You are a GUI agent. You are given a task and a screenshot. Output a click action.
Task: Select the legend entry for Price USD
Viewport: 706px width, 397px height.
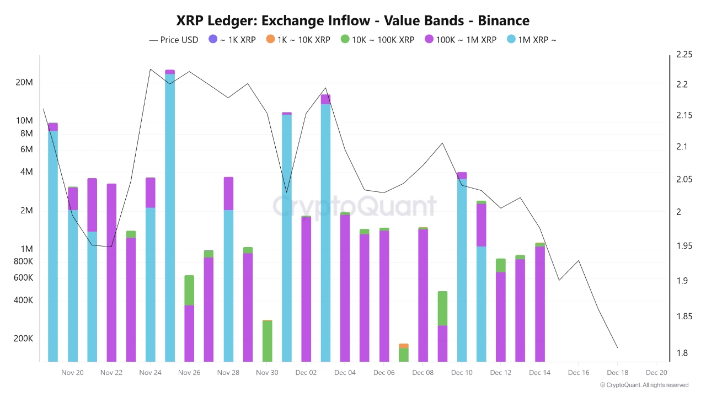click(x=174, y=40)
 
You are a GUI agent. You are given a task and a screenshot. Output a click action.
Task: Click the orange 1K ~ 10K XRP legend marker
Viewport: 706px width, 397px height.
click(x=270, y=40)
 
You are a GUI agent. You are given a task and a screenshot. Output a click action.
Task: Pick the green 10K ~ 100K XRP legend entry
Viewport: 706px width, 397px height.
click(x=378, y=40)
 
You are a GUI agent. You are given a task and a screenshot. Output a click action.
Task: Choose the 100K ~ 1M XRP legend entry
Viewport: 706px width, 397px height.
click(x=460, y=40)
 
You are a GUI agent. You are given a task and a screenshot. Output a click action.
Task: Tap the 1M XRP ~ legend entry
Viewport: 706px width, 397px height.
click(x=531, y=40)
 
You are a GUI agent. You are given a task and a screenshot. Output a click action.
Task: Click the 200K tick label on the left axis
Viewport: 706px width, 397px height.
click(x=23, y=339)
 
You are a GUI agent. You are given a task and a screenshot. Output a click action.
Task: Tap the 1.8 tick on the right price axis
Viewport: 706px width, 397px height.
click(x=682, y=353)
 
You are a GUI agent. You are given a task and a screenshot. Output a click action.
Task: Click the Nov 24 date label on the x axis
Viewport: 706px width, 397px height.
click(x=150, y=373)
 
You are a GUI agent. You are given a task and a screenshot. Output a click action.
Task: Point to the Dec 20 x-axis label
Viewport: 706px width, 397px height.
click(x=656, y=373)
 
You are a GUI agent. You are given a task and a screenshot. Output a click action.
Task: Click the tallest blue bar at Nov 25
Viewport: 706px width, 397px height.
click(x=170, y=215)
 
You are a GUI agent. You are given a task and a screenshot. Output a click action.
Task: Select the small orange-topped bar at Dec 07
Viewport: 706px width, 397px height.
click(x=404, y=352)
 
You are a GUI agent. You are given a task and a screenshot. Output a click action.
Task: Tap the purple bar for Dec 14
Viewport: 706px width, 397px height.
click(x=540, y=303)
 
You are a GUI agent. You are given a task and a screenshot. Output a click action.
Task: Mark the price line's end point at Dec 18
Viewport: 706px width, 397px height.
click(x=617, y=348)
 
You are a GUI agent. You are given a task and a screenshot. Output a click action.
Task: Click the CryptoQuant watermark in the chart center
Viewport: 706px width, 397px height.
click(x=355, y=206)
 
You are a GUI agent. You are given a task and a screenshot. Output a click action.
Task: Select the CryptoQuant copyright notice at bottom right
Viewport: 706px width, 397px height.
click(x=644, y=385)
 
